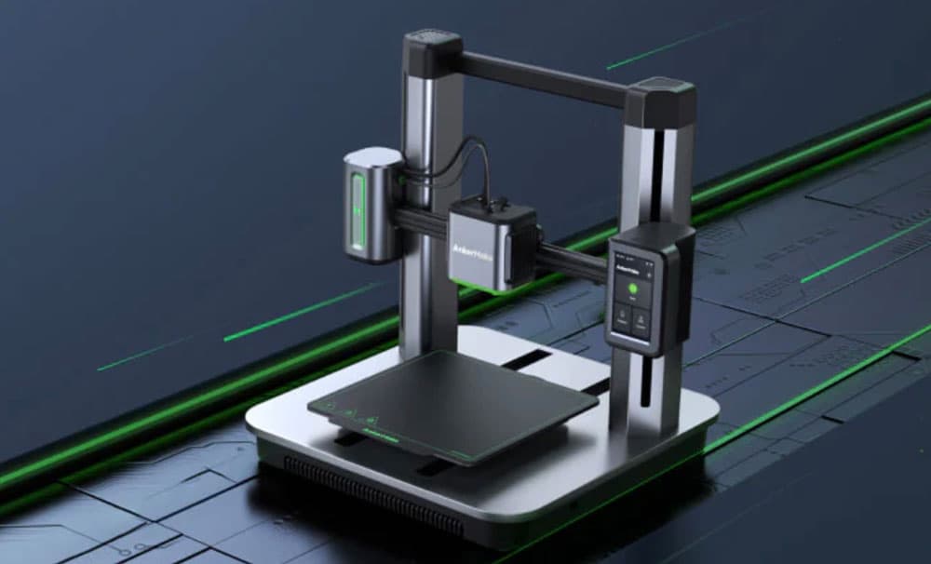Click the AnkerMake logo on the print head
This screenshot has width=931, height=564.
[471, 251]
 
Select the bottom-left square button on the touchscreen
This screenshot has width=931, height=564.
[620, 320]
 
